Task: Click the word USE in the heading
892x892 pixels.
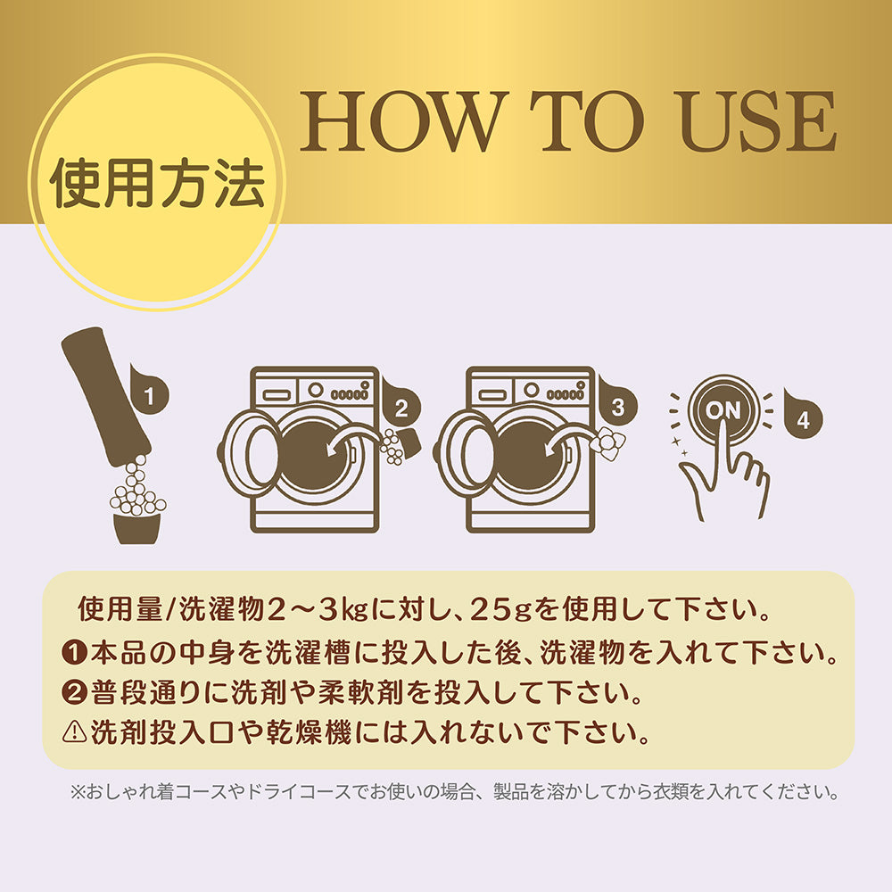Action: [758, 121]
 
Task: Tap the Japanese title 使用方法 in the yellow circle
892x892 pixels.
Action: [158, 183]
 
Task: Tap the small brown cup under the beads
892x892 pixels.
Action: [136, 528]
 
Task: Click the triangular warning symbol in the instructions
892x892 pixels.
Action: [74, 732]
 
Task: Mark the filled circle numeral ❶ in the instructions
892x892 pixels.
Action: [74, 652]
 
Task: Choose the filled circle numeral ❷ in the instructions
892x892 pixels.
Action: [74, 692]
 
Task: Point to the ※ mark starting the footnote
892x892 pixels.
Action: [78, 792]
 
